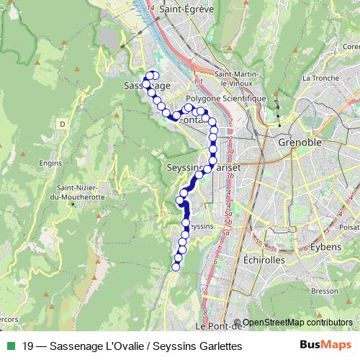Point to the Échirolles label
pyautogui.click(x=264, y=259)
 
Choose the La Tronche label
pyautogui.click(x=316, y=78)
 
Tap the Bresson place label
pyautogui.click(x=325, y=290)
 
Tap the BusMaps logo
pyautogui.click(x=326, y=345)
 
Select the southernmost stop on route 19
pyautogui.click(x=176, y=268)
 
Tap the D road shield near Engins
pyautogui.click(x=63, y=124)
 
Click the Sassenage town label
pyautogui.click(x=147, y=86)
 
